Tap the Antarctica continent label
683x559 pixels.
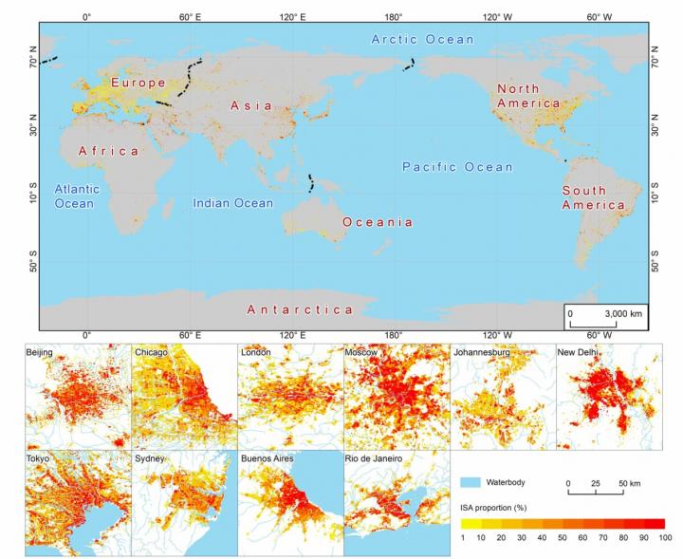300,310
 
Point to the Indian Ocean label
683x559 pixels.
232,203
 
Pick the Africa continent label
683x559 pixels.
108,151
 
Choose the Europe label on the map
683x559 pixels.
138,83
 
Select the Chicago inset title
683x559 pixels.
152,353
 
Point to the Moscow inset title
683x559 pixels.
362,353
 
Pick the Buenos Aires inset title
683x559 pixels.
270,459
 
